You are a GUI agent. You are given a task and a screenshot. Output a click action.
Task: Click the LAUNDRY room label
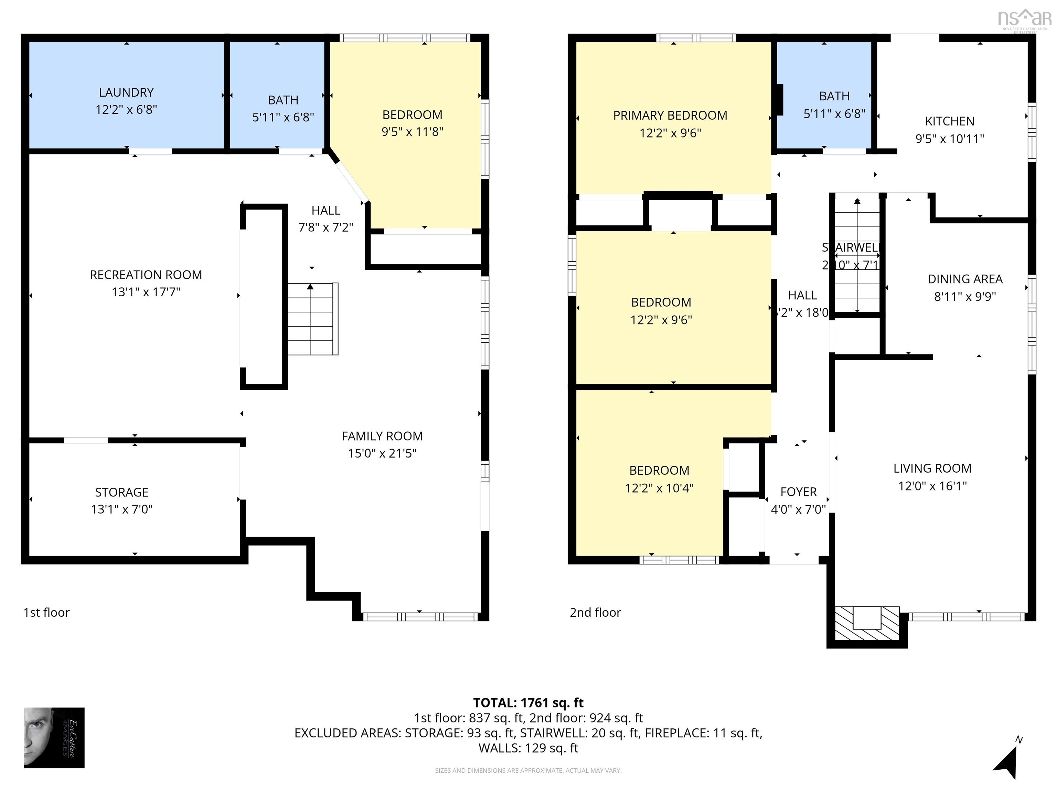pos(126,92)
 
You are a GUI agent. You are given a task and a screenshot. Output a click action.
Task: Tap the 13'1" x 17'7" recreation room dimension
pos(146,292)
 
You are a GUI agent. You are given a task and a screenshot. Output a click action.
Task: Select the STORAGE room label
pos(121,492)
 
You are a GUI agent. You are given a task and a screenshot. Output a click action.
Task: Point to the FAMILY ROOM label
pos(382,436)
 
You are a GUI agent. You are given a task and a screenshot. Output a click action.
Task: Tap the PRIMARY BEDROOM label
pos(670,115)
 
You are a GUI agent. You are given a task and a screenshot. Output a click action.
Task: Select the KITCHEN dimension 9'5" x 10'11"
pos(950,139)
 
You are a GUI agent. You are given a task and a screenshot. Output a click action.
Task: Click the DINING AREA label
pos(965,279)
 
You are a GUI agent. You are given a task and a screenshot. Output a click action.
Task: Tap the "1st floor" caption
pos(46,613)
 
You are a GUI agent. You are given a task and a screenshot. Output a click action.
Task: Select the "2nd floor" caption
pos(595,613)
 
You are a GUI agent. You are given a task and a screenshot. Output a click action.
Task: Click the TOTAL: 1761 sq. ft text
pos(528,703)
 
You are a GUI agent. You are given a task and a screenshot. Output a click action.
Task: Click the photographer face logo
pos(54,738)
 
